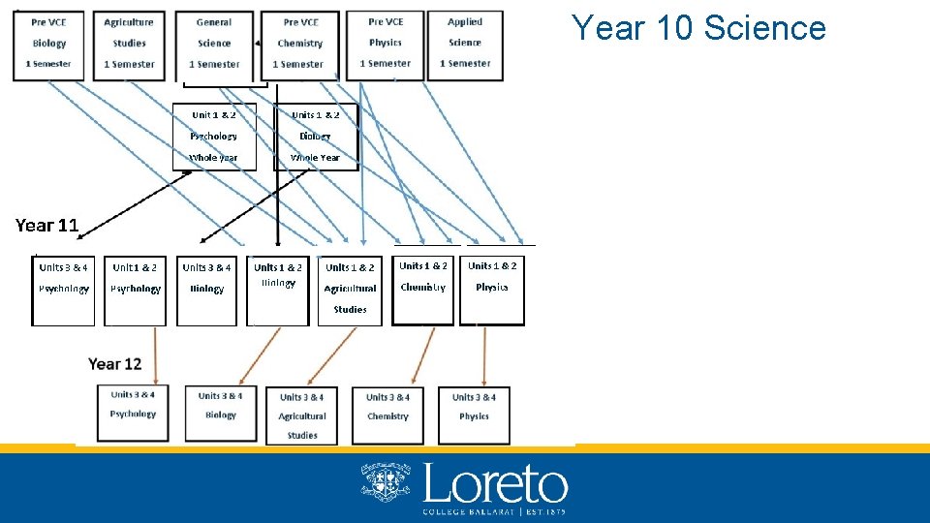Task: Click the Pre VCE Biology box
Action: (x=48, y=43)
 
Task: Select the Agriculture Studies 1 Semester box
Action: (x=129, y=43)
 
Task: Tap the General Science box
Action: (x=214, y=43)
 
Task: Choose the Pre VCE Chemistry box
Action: (x=300, y=43)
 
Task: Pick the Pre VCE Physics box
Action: (x=386, y=43)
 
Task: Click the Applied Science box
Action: (x=465, y=43)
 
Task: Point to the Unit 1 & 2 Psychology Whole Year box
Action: (x=214, y=136)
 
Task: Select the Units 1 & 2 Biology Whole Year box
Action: (x=316, y=136)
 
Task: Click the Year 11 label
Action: (x=46, y=226)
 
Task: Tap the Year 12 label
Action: (x=115, y=364)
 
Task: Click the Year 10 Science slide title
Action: (x=698, y=28)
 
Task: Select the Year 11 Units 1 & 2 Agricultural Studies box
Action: (x=350, y=289)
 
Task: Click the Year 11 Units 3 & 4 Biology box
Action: (x=206, y=289)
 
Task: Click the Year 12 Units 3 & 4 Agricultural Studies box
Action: (x=302, y=415)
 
